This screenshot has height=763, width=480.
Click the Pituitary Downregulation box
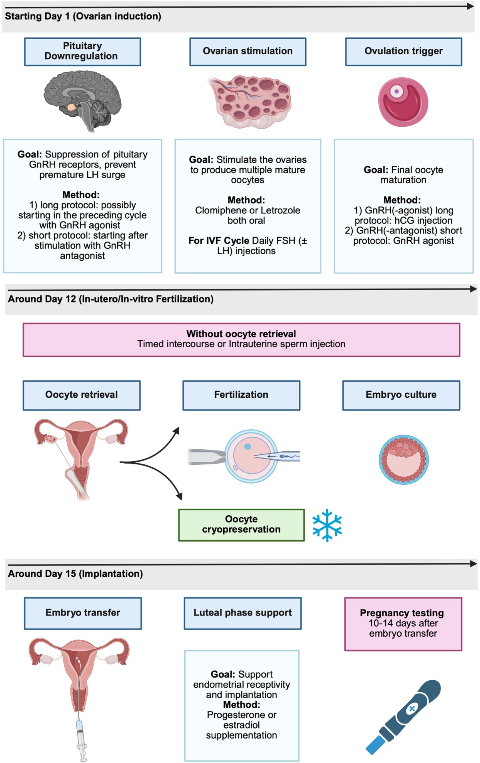point(82,52)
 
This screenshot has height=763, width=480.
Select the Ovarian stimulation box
point(248,52)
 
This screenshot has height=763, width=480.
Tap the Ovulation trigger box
point(404,52)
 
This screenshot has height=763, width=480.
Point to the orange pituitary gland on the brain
point(71,107)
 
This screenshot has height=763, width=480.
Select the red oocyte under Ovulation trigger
point(403,102)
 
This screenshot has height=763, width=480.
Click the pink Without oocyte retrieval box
point(241,339)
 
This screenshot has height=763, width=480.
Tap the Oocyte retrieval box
point(82,395)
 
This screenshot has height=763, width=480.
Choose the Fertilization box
point(241,395)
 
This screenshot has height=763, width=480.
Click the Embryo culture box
point(401,395)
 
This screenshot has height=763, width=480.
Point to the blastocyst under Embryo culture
point(404,460)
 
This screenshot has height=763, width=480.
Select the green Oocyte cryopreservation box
point(241,525)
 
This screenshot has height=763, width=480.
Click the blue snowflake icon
point(327,525)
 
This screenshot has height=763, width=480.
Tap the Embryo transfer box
point(83,613)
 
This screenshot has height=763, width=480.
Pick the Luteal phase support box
point(242,613)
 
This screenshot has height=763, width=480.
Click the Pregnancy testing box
point(403,624)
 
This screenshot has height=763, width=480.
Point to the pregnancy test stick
point(403,716)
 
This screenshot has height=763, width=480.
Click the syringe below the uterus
point(82,737)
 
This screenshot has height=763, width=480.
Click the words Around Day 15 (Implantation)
point(75,574)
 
